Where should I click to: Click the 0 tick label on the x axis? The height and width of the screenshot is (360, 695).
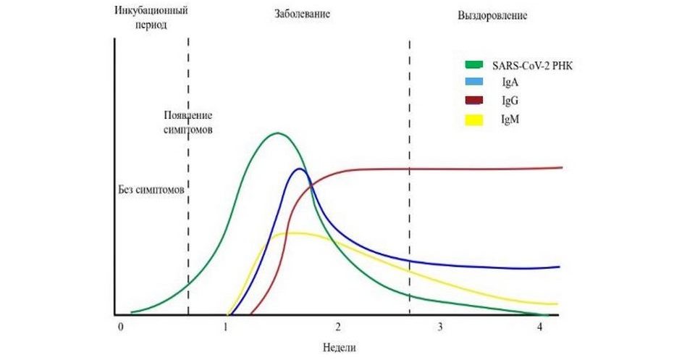(x=121, y=327)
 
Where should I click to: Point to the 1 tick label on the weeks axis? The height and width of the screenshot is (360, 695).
(x=226, y=327)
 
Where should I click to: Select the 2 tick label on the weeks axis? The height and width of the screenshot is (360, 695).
(x=338, y=327)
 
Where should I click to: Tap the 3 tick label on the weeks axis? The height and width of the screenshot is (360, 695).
(x=440, y=327)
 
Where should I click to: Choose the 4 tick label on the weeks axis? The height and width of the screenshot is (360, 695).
(x=541, y=327)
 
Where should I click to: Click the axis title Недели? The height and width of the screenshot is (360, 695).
(x=340, y=346)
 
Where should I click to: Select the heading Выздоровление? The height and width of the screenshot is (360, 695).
(x=492, y=15)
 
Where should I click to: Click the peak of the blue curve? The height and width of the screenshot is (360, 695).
(x=299, y=169)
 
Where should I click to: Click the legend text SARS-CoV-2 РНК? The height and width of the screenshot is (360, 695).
(x=531, y=66)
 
